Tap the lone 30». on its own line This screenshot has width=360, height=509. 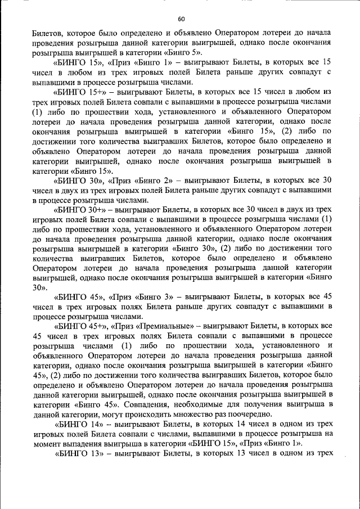[x=39, y=287]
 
